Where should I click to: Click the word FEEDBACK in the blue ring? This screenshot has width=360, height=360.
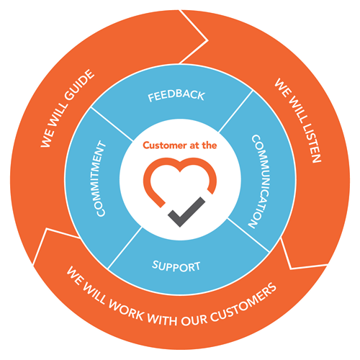pyautogui.click(x=176, y=96)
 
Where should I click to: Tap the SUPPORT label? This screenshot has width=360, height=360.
pyautogui.click(x=176, y=266)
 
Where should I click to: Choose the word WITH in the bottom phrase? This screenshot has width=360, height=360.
pyautogui.click(x=163, y=318)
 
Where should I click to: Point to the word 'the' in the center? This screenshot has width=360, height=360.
pyautogui.click(x=210, y=145)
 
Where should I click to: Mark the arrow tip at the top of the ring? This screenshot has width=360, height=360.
pyautogui.click(x=207, y=40)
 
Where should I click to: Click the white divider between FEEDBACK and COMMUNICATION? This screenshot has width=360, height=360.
pyautogui.click(x=235, y=111)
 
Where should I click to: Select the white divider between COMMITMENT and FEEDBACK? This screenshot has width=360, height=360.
pyautogui.click(x=112, y=125)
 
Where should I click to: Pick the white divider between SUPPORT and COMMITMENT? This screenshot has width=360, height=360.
pyautogui.click(x=125, y=248)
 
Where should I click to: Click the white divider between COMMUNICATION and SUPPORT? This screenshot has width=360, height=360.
pyautogui.click(x=248, y=235)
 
